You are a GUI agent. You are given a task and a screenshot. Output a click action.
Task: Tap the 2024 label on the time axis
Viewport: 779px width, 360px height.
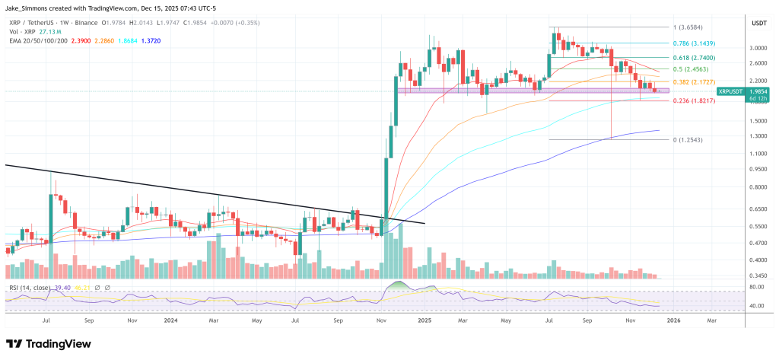[171, 321]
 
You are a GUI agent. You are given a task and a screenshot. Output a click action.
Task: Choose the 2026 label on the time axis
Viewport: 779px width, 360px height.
[673, 321]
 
